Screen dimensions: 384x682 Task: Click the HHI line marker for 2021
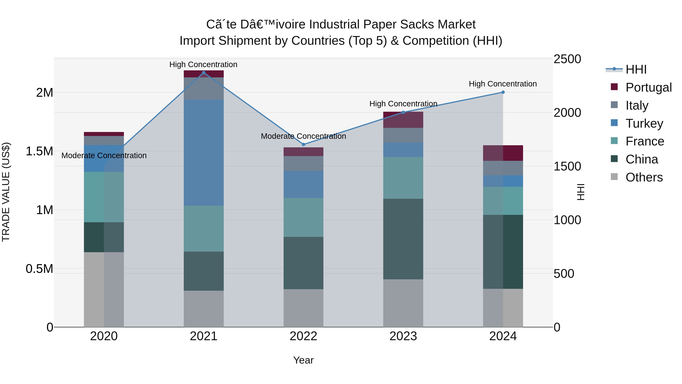(x=204, y=73)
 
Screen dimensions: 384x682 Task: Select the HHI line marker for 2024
(x=503, y=92)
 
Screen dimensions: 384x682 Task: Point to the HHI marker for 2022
(x=303, y=144)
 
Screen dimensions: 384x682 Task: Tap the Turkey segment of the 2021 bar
(x=204, y=152)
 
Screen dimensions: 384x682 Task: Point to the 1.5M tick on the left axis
(x=39, y=151)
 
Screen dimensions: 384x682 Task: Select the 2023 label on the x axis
(x=403, y=336)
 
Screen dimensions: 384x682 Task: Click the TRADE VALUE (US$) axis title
(x=6, y=192)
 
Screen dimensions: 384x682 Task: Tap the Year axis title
(x=303, y=360)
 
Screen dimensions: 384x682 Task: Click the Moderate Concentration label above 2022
(x=303, y=136)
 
